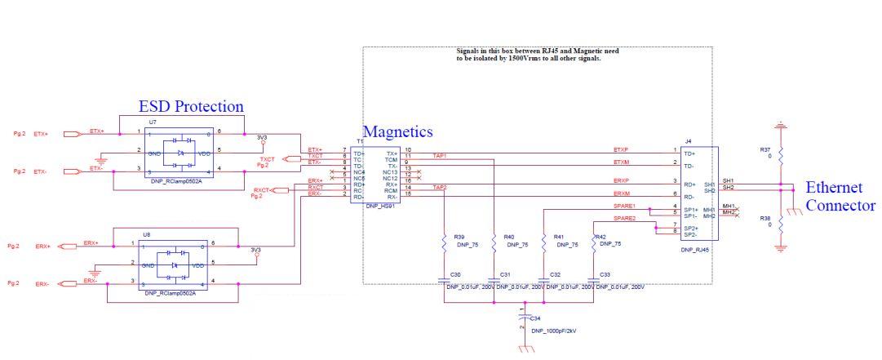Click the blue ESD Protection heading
tap(191, 106)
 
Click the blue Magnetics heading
tap(397, 131)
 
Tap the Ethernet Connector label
tap(840, 197)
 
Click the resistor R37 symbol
tap(781, 155)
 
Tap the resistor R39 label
tap(459, 238)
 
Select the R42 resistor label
tap(600, 237)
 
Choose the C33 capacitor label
tap(605, 274)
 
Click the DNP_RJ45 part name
tap(695, 251)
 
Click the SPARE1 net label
tap(624, 206)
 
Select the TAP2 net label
tap(439, 188)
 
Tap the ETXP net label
tap(622, 149)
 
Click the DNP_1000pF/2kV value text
tap(553, 331)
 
